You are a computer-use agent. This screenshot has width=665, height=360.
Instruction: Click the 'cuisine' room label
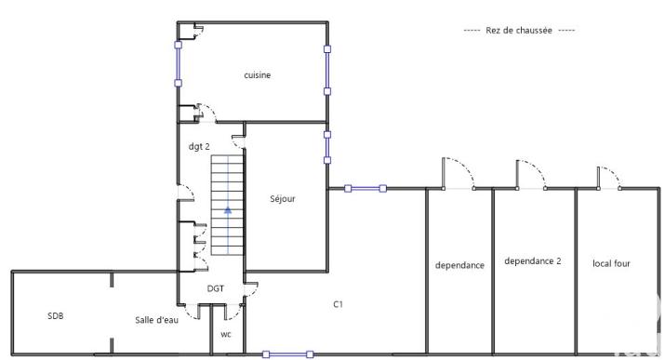point(258,75)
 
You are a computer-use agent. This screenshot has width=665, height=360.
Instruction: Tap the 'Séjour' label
point(283,198)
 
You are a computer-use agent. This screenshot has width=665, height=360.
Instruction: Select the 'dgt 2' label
point(199,146)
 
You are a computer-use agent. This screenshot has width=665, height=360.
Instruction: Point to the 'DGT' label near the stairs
point(216,288)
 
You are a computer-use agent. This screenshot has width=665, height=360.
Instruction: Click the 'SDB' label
point(56,316)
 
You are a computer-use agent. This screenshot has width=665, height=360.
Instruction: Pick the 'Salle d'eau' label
point(156,320)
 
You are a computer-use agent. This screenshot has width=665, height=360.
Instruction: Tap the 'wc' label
point(226,334)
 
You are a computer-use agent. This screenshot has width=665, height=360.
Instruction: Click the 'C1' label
point(339,303)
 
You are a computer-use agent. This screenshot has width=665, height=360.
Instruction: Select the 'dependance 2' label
point(532,261)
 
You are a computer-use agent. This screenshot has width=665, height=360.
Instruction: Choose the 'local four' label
point(611,263)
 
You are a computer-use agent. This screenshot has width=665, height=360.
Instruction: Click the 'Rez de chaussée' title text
point(519,30)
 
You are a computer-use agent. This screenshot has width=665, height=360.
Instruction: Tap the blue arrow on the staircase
point(227,211)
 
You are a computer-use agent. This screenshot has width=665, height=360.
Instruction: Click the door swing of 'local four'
point(608,178)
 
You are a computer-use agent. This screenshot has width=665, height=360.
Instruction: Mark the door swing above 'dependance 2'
point(528,174)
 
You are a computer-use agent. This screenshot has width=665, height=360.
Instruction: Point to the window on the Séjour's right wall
point(326,147)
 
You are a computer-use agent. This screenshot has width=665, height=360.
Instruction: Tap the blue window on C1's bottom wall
point(288,354)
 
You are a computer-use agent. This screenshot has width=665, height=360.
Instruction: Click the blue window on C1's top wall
point(366,189)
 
